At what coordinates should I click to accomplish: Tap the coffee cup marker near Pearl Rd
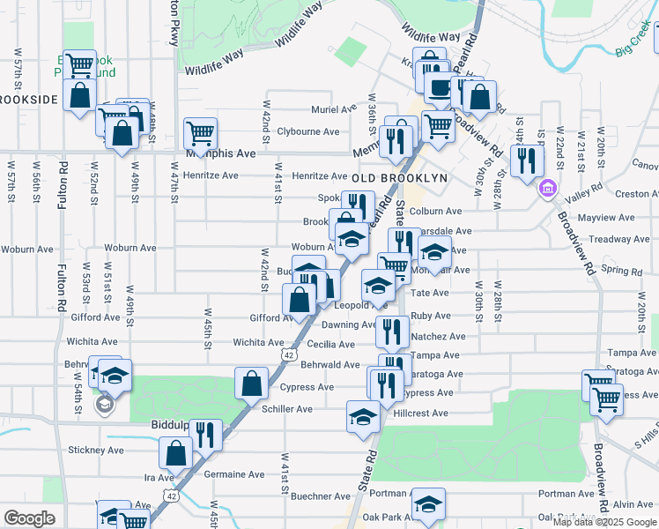(x=439, y=86)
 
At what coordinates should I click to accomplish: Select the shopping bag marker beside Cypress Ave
(x=251, y=384)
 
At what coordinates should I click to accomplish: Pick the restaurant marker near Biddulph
(x=205, y=435)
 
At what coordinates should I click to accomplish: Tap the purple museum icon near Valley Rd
(x=547, y=188)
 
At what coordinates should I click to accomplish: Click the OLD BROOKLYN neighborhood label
(x=400, y=178)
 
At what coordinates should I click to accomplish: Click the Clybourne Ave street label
(x=308, y=131)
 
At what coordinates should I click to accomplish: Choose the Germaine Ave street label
(x=234, y=473)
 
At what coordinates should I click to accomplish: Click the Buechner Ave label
(x=302, y=496)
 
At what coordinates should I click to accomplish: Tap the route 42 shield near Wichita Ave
(x=289, y=354)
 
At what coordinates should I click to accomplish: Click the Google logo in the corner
(x=29, y=518)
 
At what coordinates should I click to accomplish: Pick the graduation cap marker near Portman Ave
(x=428, y=503)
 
